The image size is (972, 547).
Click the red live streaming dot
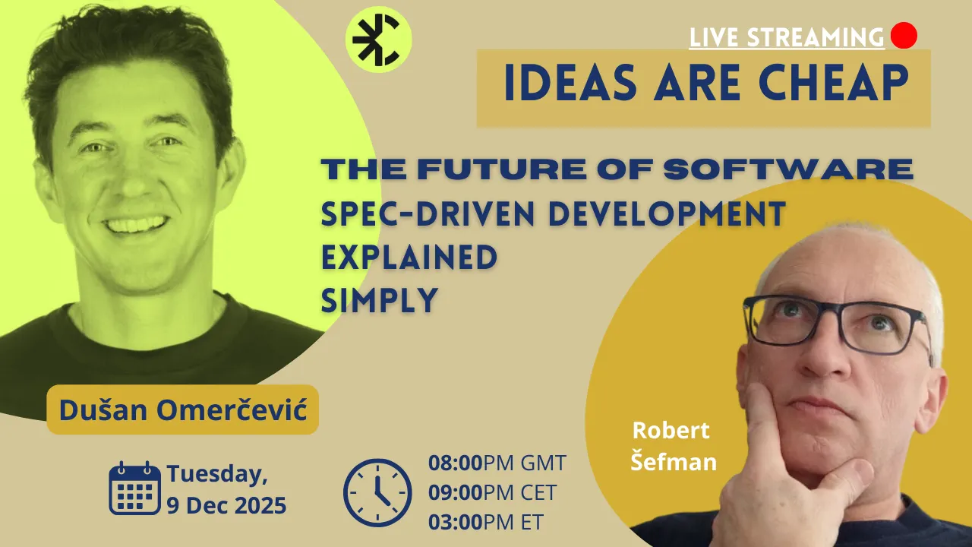coord(904,36)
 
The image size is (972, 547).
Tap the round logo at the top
coord(378,39)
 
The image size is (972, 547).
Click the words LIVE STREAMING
coord(787,37)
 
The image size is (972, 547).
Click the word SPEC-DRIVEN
coord(429,215)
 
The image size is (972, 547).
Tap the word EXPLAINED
coord(409,258)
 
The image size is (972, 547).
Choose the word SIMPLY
coord(380,301)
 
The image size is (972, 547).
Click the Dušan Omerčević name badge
coord(182,410)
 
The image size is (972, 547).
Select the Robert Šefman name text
coord(673,446)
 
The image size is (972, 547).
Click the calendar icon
coord(134,489)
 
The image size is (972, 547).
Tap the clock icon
coord(377,492)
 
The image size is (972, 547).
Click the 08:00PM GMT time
coord(497,463)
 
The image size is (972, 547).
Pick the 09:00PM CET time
coord(492,492)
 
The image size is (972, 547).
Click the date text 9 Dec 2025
coord(226,505)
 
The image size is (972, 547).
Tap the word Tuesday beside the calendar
coord(217,475)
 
